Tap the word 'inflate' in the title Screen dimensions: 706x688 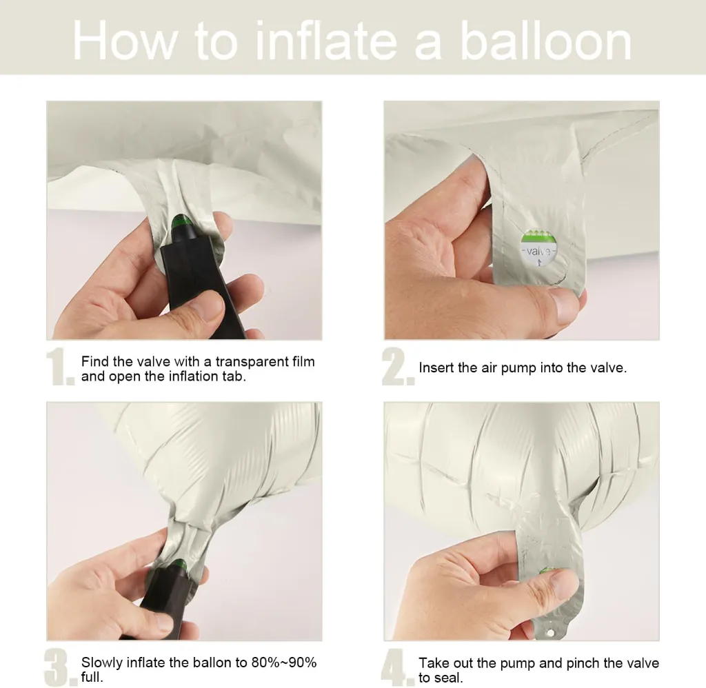tap(326, 41)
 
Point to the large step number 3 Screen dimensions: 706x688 tap(61, 667)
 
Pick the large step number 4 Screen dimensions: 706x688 tap(398, 667)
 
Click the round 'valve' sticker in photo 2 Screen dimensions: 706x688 tap(538, 247)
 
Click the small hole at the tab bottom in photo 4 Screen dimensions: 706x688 tap(549, 633)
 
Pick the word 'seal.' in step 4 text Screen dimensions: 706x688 tap(449, 678)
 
